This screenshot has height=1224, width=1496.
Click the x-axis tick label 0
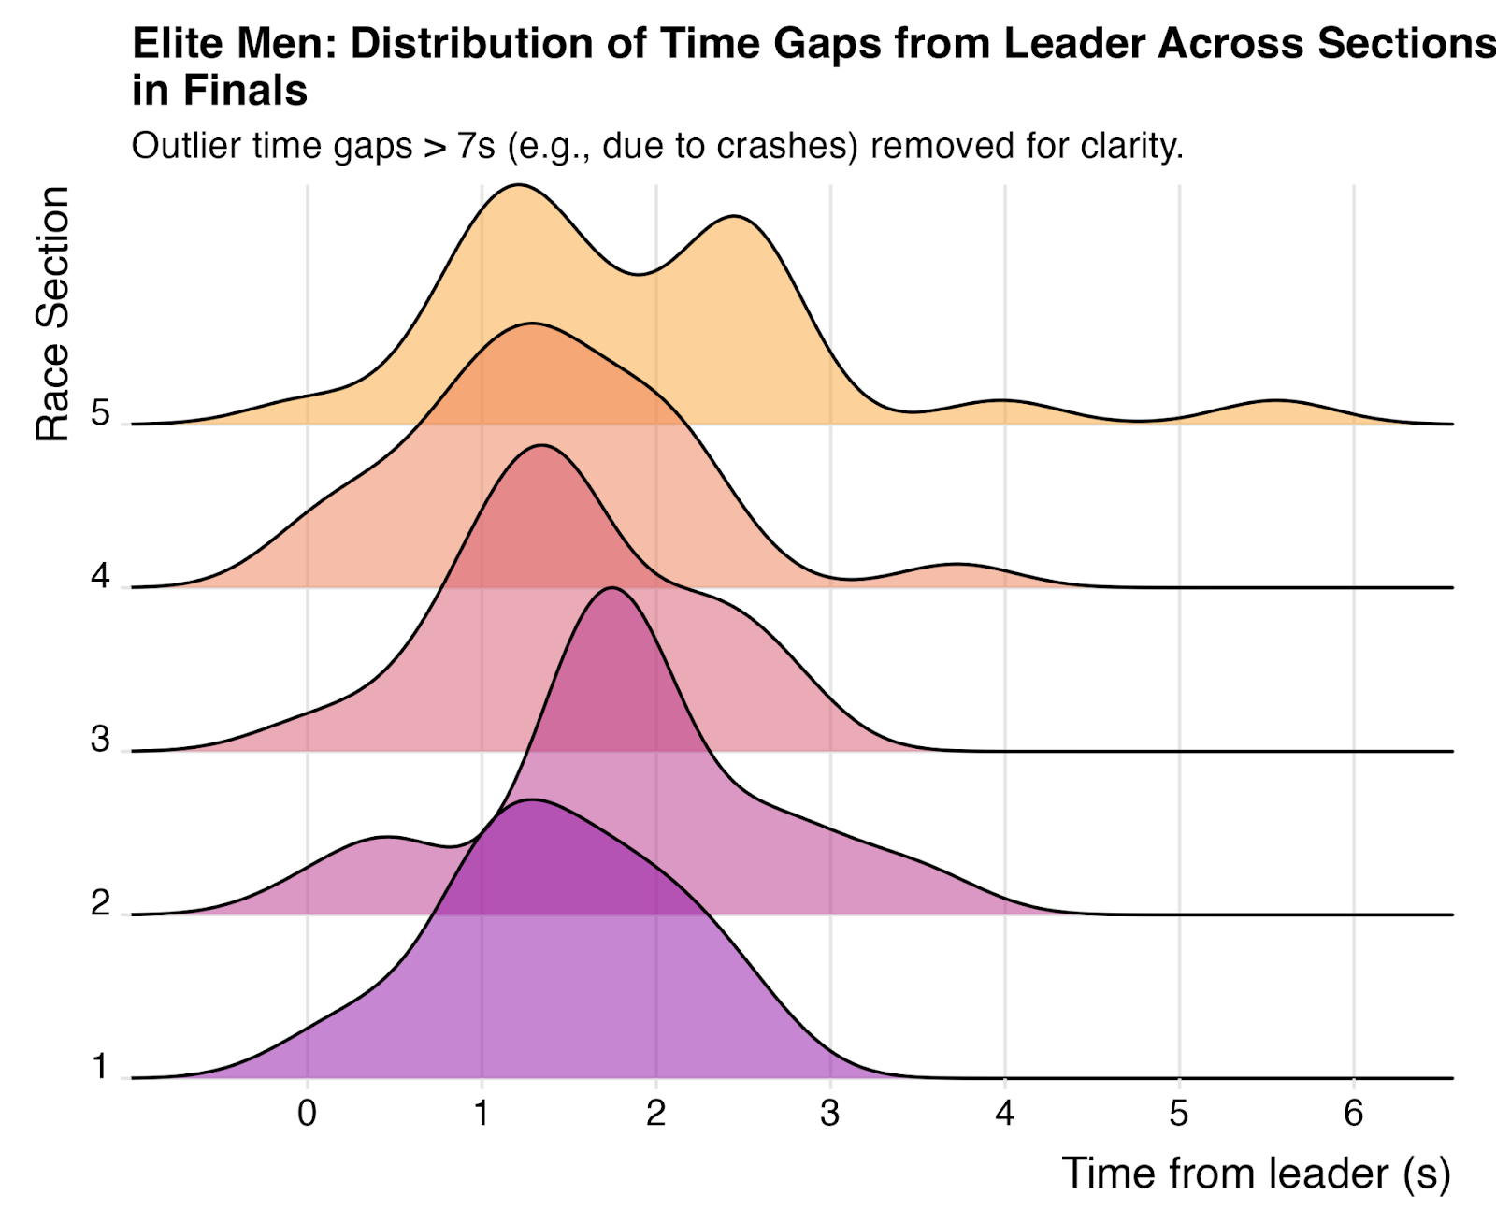307,1113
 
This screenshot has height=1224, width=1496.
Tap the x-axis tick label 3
830,1113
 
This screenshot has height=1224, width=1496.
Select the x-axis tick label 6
1353,1113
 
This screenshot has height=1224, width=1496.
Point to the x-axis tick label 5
1179,1113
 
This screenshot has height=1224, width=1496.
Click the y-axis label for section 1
101,1067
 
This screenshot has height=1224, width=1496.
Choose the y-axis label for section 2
101,903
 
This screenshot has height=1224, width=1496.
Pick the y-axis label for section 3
101,740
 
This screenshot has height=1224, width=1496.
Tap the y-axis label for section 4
101,576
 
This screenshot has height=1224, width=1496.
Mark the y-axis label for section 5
101,412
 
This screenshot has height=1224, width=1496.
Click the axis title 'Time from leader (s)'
1256,1174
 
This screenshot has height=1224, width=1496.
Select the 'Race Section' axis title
52,313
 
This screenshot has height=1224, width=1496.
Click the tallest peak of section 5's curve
517,186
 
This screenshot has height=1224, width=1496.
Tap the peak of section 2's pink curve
611,589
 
